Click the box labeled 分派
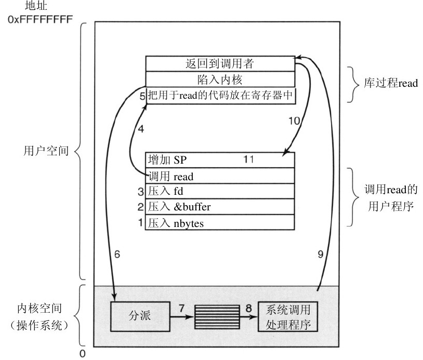tap(139, 315)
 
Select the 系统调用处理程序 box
tap(287, 316)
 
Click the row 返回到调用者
tap(219, 64)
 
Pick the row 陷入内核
tap(219, 79)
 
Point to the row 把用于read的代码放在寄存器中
tap(220, 95)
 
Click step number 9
tap(321, 254)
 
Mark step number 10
tap(294, 121)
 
